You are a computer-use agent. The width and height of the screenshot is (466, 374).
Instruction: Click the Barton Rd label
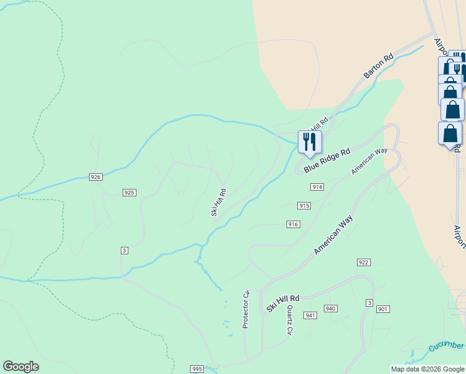(379, 66)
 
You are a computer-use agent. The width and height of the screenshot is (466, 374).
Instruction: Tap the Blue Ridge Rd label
(327, 161)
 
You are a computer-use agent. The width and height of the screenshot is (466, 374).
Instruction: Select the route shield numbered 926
(95, 177)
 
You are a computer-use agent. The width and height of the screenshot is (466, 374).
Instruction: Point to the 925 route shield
(130, 193)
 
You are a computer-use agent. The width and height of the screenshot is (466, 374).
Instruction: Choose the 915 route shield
(304, 206)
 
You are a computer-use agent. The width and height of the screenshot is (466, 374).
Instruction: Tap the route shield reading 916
(293, 224)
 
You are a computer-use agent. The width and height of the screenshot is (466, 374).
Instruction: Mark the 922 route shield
(364, 262)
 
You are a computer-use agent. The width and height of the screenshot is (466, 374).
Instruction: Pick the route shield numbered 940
(330, 309)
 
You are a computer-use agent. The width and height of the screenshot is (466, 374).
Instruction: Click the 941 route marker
(310, 315)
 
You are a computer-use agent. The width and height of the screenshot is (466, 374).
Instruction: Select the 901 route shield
(383, 309)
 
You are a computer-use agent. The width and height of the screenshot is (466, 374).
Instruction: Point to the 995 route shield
(197, 369)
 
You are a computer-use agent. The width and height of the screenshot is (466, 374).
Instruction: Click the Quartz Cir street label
(290, 320)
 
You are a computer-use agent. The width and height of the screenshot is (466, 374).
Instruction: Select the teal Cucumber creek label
(446, 346)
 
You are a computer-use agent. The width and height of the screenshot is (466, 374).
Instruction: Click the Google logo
(21, 367)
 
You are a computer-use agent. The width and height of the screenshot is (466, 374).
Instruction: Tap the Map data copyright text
(427, 369)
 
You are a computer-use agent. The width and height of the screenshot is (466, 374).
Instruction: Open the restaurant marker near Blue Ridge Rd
(309, 142)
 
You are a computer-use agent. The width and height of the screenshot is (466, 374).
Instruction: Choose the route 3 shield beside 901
(369, 303)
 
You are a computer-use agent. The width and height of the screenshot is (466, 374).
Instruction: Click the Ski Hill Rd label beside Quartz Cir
(283, 304)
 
